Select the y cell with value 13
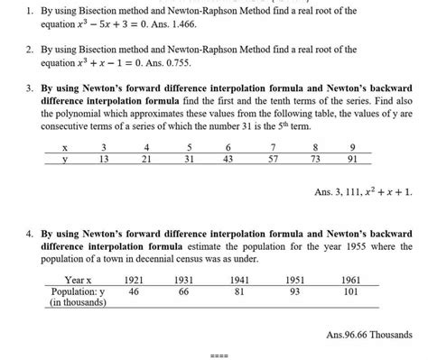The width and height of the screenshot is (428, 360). click(104, 159)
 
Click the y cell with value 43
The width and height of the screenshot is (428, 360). click(228, 159)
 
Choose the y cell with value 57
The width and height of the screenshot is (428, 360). click(272, 159)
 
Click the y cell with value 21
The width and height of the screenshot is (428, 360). click(146, 159)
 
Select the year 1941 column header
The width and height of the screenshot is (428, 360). click(240, 280)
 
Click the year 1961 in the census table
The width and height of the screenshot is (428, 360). click(351, 280)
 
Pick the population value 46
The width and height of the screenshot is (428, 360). click(134, 291)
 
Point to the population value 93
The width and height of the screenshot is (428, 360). click(295, 291)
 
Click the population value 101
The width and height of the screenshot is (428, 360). click(351, 291)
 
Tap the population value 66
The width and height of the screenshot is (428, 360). click(184, 291)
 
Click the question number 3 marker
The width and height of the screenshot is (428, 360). click(31, 88)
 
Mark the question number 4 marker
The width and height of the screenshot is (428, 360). click(31, 217)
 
